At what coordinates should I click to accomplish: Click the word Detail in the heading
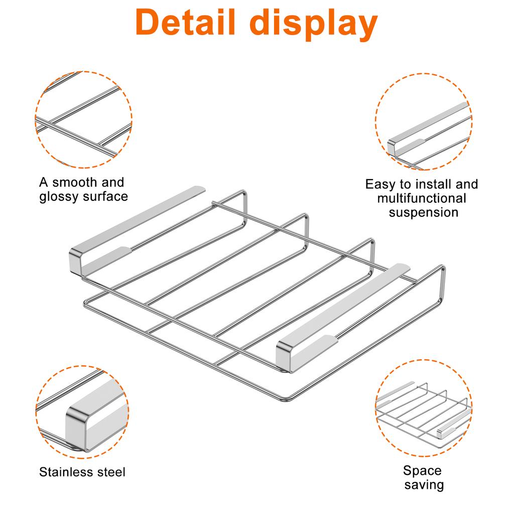click(188, 23)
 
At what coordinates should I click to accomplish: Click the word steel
click(112, 472)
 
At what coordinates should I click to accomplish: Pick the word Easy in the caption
click(380, 184)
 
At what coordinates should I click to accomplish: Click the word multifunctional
click(422, 198)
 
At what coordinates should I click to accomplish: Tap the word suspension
click(424, 212)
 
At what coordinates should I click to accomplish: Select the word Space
click(422, 471)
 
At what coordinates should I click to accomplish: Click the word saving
click(424, 485)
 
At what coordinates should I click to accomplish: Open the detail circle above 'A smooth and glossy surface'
click(83, 119)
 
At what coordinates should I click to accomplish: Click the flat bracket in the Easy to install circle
click(427, 125)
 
